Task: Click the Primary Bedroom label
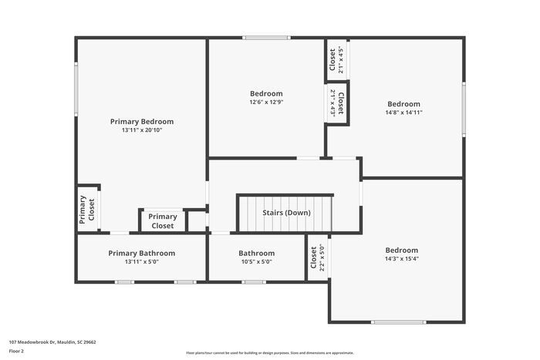point(141,121)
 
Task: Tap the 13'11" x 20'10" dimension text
point(141,130)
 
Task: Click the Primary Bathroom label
point(141,253)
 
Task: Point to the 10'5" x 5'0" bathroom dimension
point(256,261)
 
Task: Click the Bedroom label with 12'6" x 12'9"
point(266,93)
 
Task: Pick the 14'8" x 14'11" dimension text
point(403,113)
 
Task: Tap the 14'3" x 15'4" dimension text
point(402,259)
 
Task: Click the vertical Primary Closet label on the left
point(86,209)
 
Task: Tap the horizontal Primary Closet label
point(162,221)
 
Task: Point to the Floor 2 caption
point(17,351)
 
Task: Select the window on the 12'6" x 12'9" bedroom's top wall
point(266,38)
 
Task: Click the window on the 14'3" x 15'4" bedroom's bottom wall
point(398,321)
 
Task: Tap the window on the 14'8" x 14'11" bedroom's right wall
point(464,108)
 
